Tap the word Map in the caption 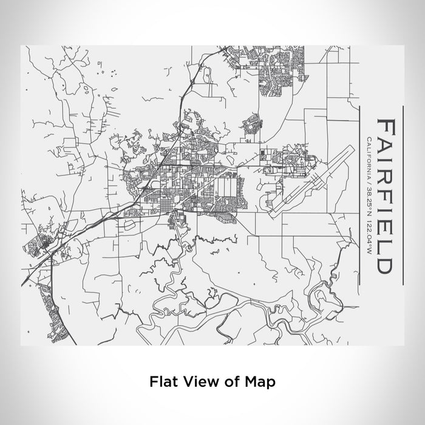tap(262, 382)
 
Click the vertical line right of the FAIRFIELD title tap(403, 194)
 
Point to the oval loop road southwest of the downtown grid tap(129, 223)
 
